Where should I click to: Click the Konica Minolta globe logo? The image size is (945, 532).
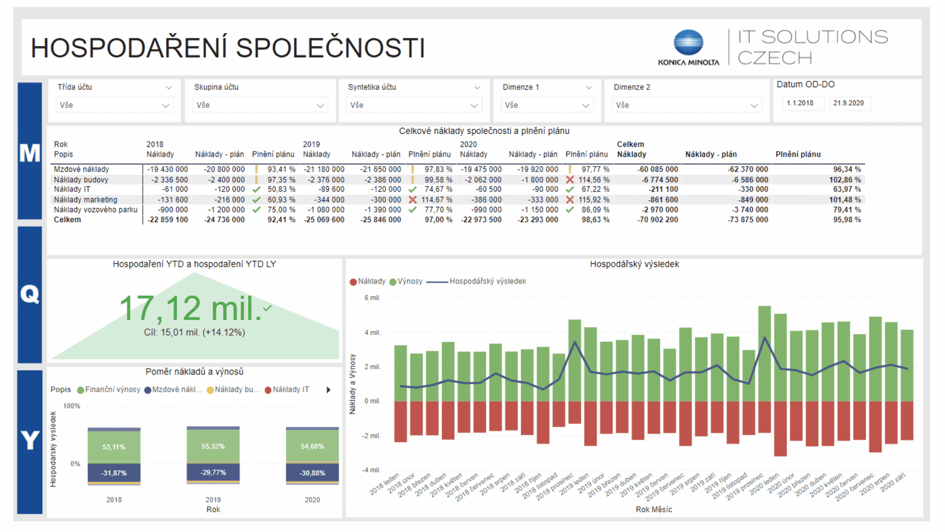[x=688, y=42]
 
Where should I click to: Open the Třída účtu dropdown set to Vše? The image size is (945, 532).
[x=114, y=105]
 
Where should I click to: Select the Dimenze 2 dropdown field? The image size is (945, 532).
[x=687, y=105]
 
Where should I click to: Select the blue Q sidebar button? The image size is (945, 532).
[x=30, y=295]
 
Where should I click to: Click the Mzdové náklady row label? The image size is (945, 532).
[x=81, y=169]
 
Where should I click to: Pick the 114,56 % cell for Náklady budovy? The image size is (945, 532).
[x=593, y=180]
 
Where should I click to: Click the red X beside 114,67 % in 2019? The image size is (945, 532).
[x=412, y=199]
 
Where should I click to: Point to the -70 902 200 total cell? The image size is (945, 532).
[x=658, y=220]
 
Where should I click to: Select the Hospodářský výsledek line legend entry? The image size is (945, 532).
[x=487, y=281]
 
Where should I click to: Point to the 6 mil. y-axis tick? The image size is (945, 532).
[x=372, y=298]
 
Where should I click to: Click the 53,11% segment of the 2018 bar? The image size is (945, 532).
[x=114, y=447]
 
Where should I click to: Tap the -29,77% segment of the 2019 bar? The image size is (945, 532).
[x=213, y=472]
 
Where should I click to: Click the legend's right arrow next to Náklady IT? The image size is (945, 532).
[x=328, y=390]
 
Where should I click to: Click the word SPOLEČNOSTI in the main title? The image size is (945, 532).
[x=330, y=48]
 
